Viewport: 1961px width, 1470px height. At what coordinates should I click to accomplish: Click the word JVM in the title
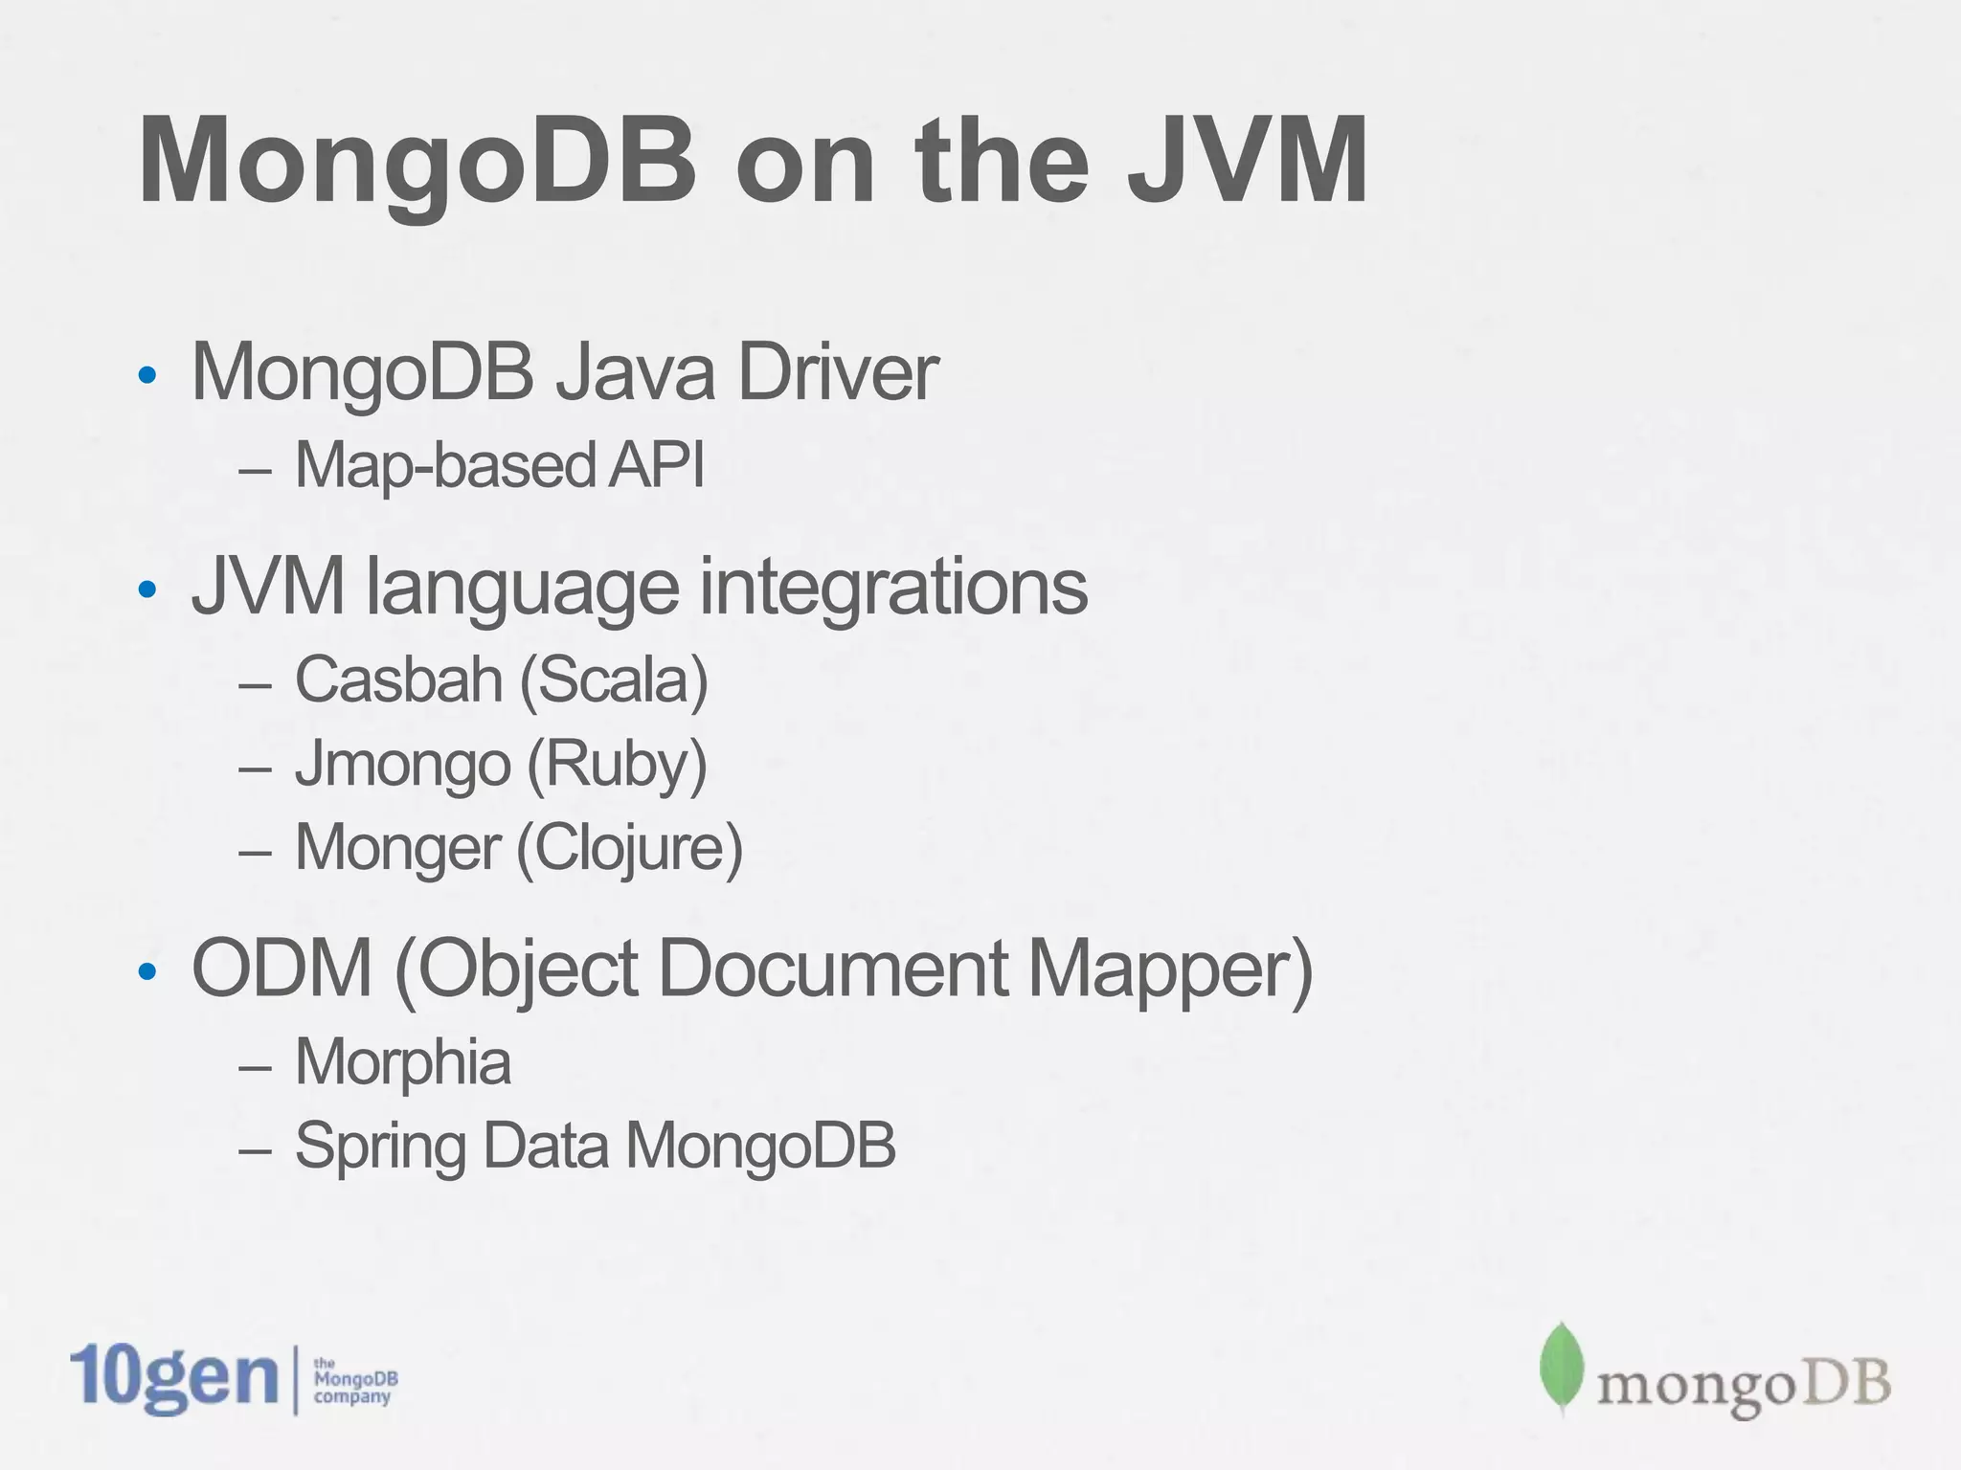[1247, 161]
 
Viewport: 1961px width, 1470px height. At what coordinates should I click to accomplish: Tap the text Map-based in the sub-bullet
[445, 465]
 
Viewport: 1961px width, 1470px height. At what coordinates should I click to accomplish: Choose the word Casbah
[398, 679]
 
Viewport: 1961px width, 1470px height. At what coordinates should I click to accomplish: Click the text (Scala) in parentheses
[614, 680]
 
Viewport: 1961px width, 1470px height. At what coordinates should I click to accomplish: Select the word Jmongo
[402, 766]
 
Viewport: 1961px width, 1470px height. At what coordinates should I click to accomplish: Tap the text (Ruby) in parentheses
[617, 766]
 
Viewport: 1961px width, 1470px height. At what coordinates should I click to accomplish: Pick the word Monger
[397, 848]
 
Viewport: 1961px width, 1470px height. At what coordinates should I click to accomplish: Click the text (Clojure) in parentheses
[629, 849]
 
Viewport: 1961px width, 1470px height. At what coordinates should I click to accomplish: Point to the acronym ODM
[282, 969]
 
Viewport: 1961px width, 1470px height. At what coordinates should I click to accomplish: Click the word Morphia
[402, 1062]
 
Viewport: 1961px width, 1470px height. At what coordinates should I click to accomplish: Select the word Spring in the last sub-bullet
[380, 1147]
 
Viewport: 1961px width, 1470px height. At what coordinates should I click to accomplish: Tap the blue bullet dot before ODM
[147, 972]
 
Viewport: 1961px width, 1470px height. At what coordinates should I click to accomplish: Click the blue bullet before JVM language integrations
[147, 590]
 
